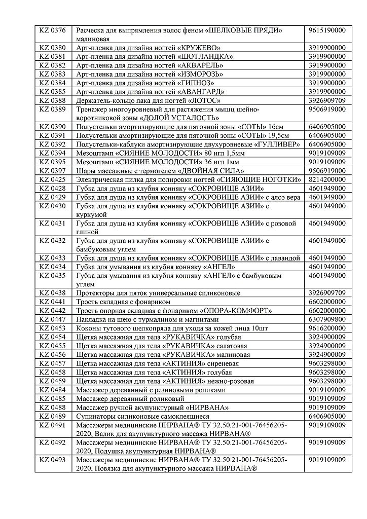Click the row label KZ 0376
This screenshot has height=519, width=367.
[52, 31]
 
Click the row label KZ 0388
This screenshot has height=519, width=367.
[52, 100]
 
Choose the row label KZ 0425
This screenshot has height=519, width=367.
[52, 179]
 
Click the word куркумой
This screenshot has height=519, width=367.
[91, 215]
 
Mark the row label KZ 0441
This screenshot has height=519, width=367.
[52, 302]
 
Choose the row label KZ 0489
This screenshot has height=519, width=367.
[52, 416]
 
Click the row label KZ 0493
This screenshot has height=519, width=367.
[52, 460]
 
